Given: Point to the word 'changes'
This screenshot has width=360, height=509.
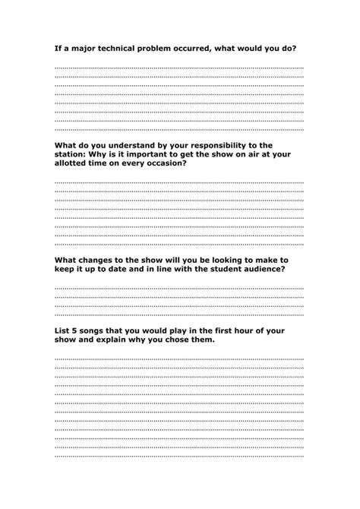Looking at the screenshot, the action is (x=97, y=259).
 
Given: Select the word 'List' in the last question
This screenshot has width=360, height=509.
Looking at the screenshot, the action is (x=62, y=331).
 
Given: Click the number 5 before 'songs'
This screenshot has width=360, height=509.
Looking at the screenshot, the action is (x=77, y=331).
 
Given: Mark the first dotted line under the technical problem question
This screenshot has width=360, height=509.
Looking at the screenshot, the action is (x=178, y=68).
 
